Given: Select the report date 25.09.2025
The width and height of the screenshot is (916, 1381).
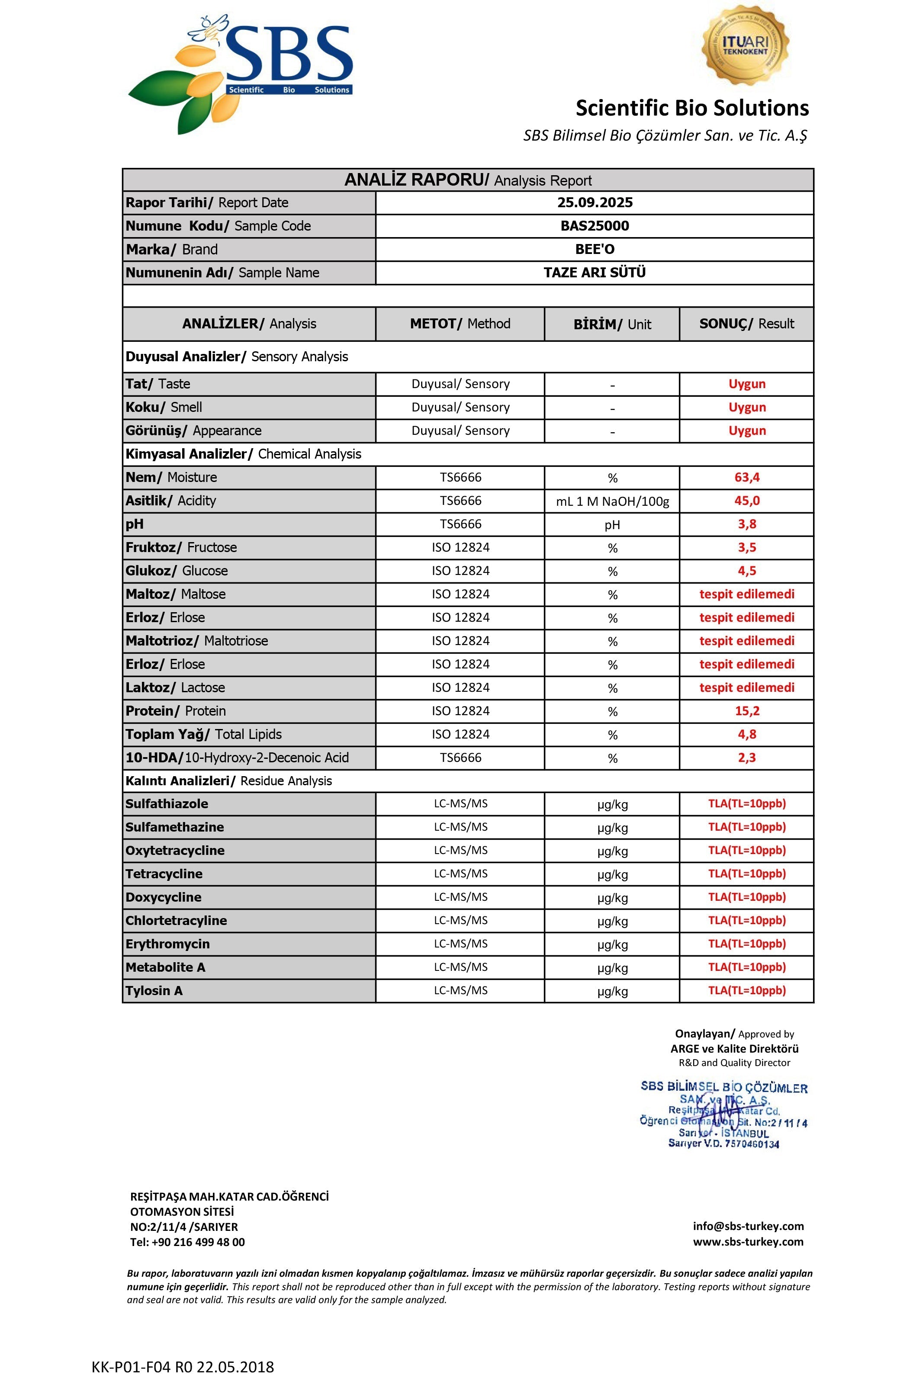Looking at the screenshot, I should click(x=595, y=203).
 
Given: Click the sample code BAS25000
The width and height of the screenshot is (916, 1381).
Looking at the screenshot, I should click(x=595, y=226).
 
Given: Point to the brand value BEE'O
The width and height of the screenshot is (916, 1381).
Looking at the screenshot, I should click(x=595, y=250).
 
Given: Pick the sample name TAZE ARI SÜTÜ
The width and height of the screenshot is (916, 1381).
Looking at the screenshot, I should click(x=595, y=273).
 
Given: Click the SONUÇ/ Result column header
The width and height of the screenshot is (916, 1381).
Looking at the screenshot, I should click(x=746, y=324).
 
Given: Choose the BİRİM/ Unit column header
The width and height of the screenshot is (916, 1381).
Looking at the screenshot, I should click(x=612, y=324).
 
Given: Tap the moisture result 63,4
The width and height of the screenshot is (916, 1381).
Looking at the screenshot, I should click(x=746, y=477).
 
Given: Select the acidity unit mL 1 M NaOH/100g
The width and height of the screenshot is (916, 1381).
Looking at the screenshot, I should click(x=612, y=501).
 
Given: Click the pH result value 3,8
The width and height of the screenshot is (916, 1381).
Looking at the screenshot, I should click(x=746, y=524).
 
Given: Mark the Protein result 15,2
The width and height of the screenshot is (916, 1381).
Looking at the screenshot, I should click(x=746, y=711).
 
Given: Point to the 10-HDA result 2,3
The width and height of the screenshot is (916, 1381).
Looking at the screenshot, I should click(x=746, y=758).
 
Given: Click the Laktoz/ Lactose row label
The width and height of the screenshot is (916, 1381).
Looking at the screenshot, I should click(x=175, y=687).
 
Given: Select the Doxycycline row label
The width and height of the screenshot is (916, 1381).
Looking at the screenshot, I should click(x=164, y=897).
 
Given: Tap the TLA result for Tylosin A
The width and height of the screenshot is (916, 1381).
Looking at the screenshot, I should click(x=746, y=990).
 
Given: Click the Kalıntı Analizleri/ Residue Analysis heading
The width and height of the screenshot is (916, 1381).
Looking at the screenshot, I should click(x=228, y=781).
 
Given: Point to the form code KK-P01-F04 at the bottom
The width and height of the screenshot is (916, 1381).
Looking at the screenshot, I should click(x=182, y=1367).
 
